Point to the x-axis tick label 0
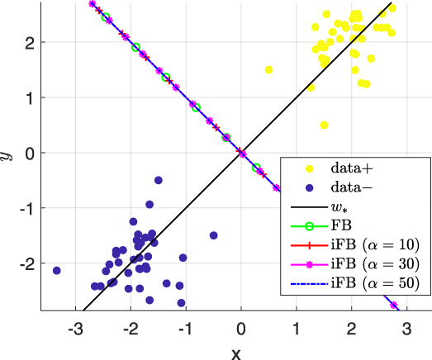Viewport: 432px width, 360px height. click(240, 325)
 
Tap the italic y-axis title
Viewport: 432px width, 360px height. click(10, 154)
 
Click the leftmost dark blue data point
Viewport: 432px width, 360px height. click(57, 271)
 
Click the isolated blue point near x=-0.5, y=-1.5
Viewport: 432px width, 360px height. click(213, 235)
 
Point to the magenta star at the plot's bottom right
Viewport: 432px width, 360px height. click(394, 306)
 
